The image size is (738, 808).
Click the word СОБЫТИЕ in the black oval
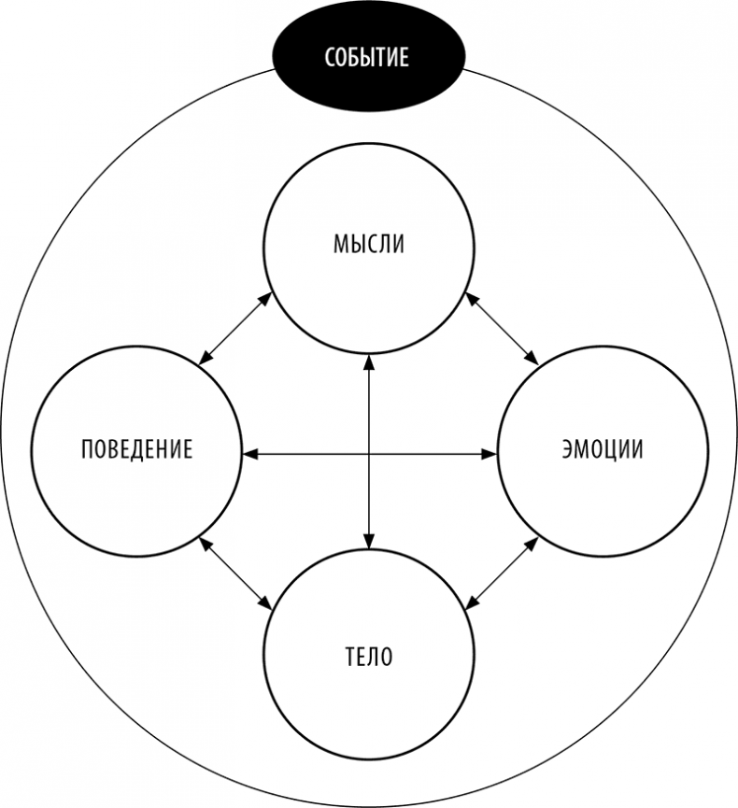pyautogui.click(x=367, y=57)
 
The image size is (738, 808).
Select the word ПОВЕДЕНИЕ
pyautogui.click(x=136, y=449)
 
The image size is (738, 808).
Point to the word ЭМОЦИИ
pyautogui.click(x=602, y=449)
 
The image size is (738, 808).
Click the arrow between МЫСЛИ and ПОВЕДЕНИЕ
pyautogui.click(x=235, y=327)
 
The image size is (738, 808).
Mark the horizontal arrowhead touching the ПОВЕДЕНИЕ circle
pyautogui.click(x=249, y=454)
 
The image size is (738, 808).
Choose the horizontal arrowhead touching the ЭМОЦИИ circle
pyautogui.click(x=490, y=454)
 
